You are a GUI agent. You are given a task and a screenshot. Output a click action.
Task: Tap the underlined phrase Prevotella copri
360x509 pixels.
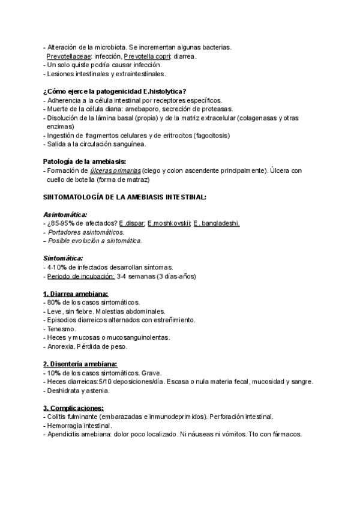(148, 56)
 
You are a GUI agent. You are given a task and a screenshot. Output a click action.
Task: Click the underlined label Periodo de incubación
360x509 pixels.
(81, 276)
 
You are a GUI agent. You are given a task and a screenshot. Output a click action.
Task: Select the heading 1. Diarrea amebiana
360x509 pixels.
(76, 294)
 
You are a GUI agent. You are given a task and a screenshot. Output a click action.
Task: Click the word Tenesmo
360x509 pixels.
(61, 329)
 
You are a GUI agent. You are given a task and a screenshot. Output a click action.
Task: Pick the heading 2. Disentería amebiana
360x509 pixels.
(80, 364)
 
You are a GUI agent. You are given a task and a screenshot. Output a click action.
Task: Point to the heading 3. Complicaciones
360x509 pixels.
(73, 408)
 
